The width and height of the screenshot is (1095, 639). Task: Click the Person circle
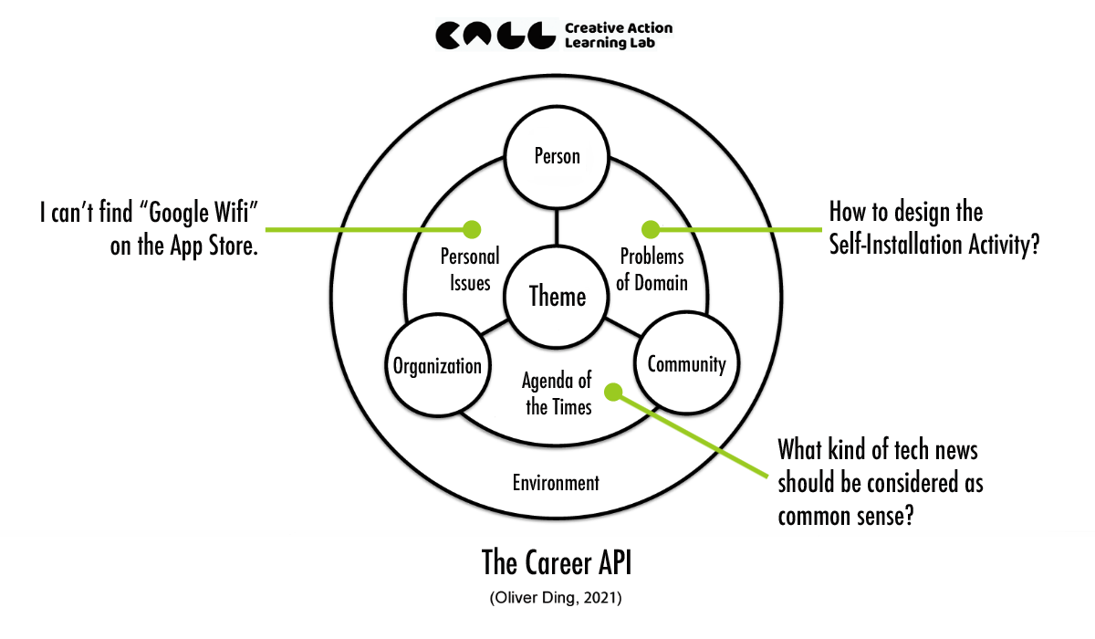point(557,156)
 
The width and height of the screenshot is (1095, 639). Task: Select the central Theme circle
point(558,296)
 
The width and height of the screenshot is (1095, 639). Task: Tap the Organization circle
point(436,366)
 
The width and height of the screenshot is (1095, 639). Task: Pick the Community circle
point(686,364)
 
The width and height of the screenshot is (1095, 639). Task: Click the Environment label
point(556,483)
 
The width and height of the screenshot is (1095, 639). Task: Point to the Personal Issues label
point(470,268)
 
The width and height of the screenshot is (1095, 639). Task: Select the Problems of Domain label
point(652,268)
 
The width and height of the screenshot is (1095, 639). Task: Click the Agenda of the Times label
point(558,393)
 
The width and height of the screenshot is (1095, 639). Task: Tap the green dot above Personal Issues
point(472,227)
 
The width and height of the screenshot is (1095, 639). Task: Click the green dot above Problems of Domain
point(650,227)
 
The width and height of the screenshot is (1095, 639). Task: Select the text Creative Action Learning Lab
point(618,35)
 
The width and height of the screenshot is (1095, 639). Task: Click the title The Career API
point(556,563)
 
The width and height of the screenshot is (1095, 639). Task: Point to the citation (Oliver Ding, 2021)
point(556,599)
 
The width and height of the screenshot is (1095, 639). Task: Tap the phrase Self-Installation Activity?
point(934,245)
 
